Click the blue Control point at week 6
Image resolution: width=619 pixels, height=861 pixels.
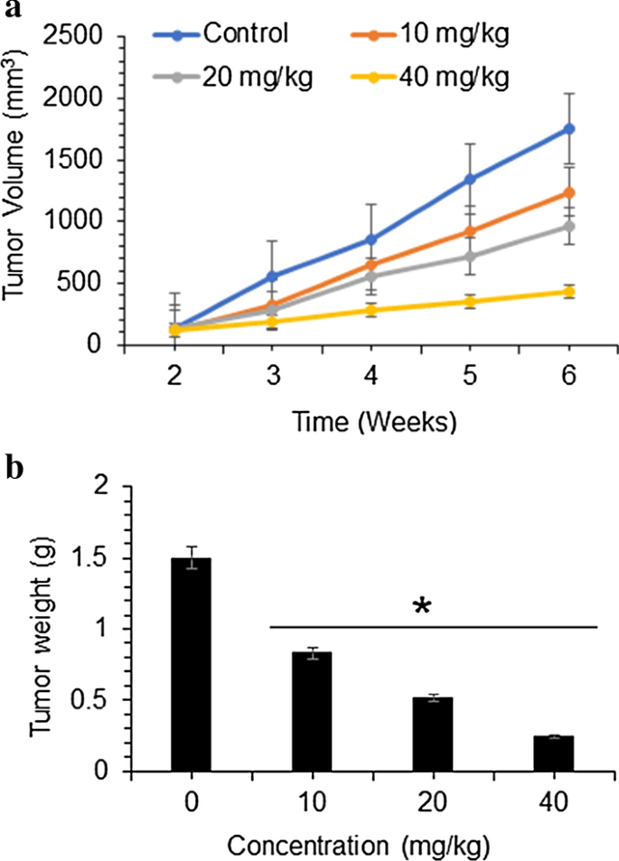(569, 129)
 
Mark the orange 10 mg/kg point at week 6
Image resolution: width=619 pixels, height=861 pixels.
(569, 192)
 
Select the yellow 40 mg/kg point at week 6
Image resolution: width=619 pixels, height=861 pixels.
(569, 292)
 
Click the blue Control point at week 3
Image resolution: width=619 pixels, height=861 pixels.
(273, 276)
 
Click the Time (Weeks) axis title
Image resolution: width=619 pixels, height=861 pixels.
(371, 420)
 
